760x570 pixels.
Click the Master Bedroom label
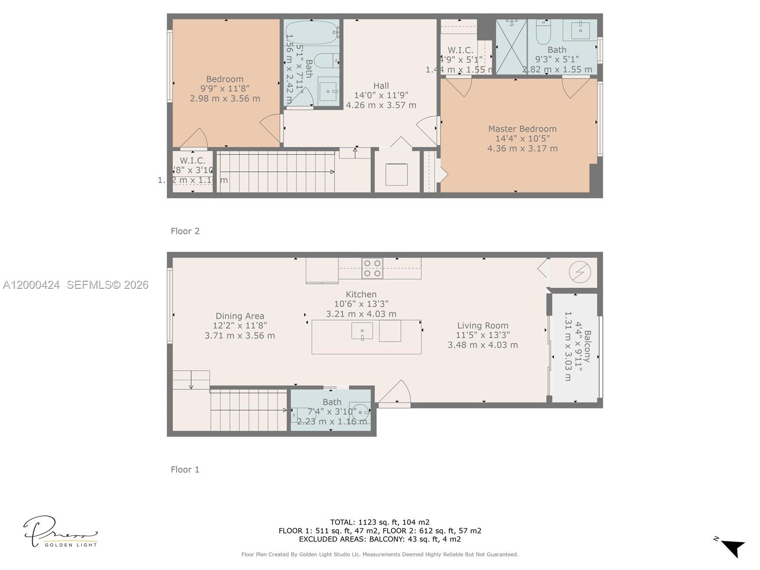tap(522, 129)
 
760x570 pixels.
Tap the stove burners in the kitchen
tap(372, 268)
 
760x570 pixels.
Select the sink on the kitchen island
tap(362, 331)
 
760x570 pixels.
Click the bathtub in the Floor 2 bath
tap(312, 32)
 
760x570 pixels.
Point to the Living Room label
tap(483, 325)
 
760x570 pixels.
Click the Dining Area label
tap(239, 316)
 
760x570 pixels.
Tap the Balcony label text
tap(588, 346)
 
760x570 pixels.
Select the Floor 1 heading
tap(185, 469)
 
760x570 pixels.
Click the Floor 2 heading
tap(185, 231)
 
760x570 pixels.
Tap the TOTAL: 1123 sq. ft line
tap(380, 522)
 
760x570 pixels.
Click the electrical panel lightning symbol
tap(579, 272)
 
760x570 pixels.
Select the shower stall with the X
tap(511, 47)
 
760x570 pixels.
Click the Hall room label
tap(380, 85)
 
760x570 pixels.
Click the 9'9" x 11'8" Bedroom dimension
tap(225, 88)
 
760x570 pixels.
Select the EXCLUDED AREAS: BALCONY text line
tap(380, 539)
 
